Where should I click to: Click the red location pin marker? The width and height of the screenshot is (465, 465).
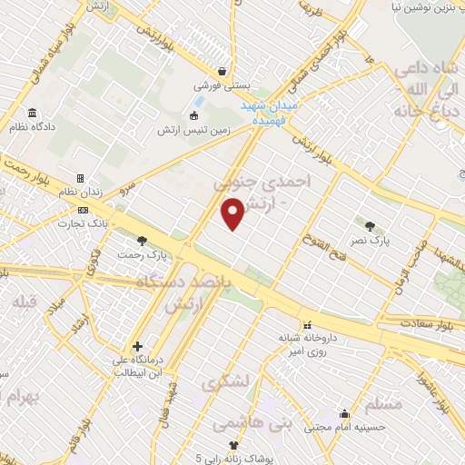coord(232,213)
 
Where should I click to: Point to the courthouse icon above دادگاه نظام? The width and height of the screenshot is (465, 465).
coord(33,114)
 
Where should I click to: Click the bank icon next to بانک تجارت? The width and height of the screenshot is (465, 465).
coord(83,210)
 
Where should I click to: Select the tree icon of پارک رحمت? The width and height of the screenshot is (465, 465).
coord(141,241)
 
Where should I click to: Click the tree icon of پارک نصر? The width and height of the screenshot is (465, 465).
coord(370,225)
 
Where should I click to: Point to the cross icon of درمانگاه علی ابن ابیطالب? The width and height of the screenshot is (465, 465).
coord(137,346)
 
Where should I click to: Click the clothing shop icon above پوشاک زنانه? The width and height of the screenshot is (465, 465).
coord(232,445)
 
